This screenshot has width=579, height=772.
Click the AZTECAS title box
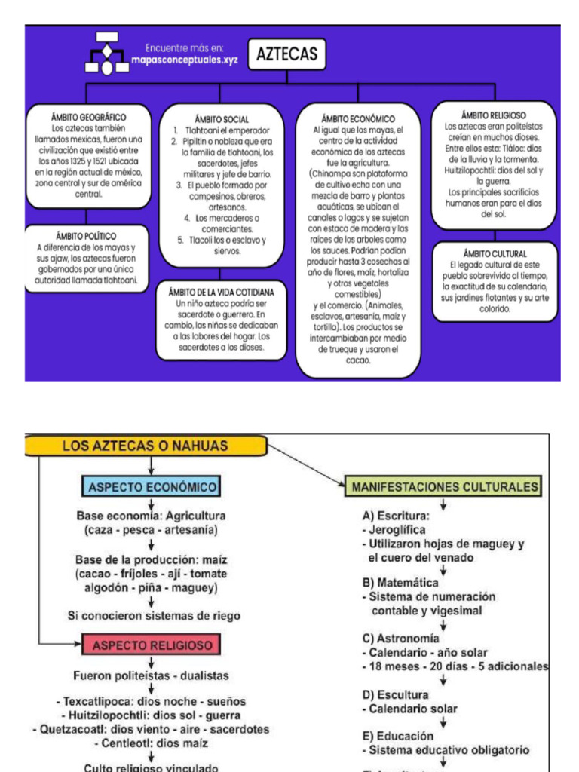click(286, 54)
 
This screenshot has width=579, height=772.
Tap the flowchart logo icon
click(106, 53)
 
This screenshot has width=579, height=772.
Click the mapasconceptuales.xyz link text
click(184, 60)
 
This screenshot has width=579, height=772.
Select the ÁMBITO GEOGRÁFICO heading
click(88, 118)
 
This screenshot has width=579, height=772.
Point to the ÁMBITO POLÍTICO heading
click(86, 236)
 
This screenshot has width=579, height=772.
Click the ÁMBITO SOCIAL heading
click(222, 119)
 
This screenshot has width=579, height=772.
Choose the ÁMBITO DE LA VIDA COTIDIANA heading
click(222, 292)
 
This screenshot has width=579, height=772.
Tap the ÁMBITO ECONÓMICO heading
click(358, 118)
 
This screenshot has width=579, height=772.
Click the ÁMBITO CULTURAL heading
click(495, 254)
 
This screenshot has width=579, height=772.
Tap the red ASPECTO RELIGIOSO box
click(152, 645)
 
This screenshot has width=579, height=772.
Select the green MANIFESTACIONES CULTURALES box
click(445, 487)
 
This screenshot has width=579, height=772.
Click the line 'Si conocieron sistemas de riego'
click(154, 616)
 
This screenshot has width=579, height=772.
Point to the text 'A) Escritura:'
click(396, 516)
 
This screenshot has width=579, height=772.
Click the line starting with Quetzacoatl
click(151, 729)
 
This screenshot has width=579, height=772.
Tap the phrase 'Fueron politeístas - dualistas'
click(151, 676)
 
